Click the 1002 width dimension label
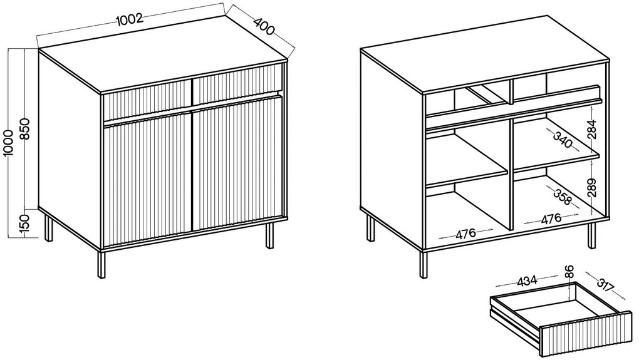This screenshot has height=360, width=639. click(x=130, y=19)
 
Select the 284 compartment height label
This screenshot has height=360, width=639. click(x=592, y=129)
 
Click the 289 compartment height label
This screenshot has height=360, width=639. click(x=592, y=188)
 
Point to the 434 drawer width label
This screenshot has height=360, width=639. click(x=527, y=280)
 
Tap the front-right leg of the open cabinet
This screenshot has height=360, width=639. click(x=592, y=235)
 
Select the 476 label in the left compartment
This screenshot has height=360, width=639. click(x=466, y=234)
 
